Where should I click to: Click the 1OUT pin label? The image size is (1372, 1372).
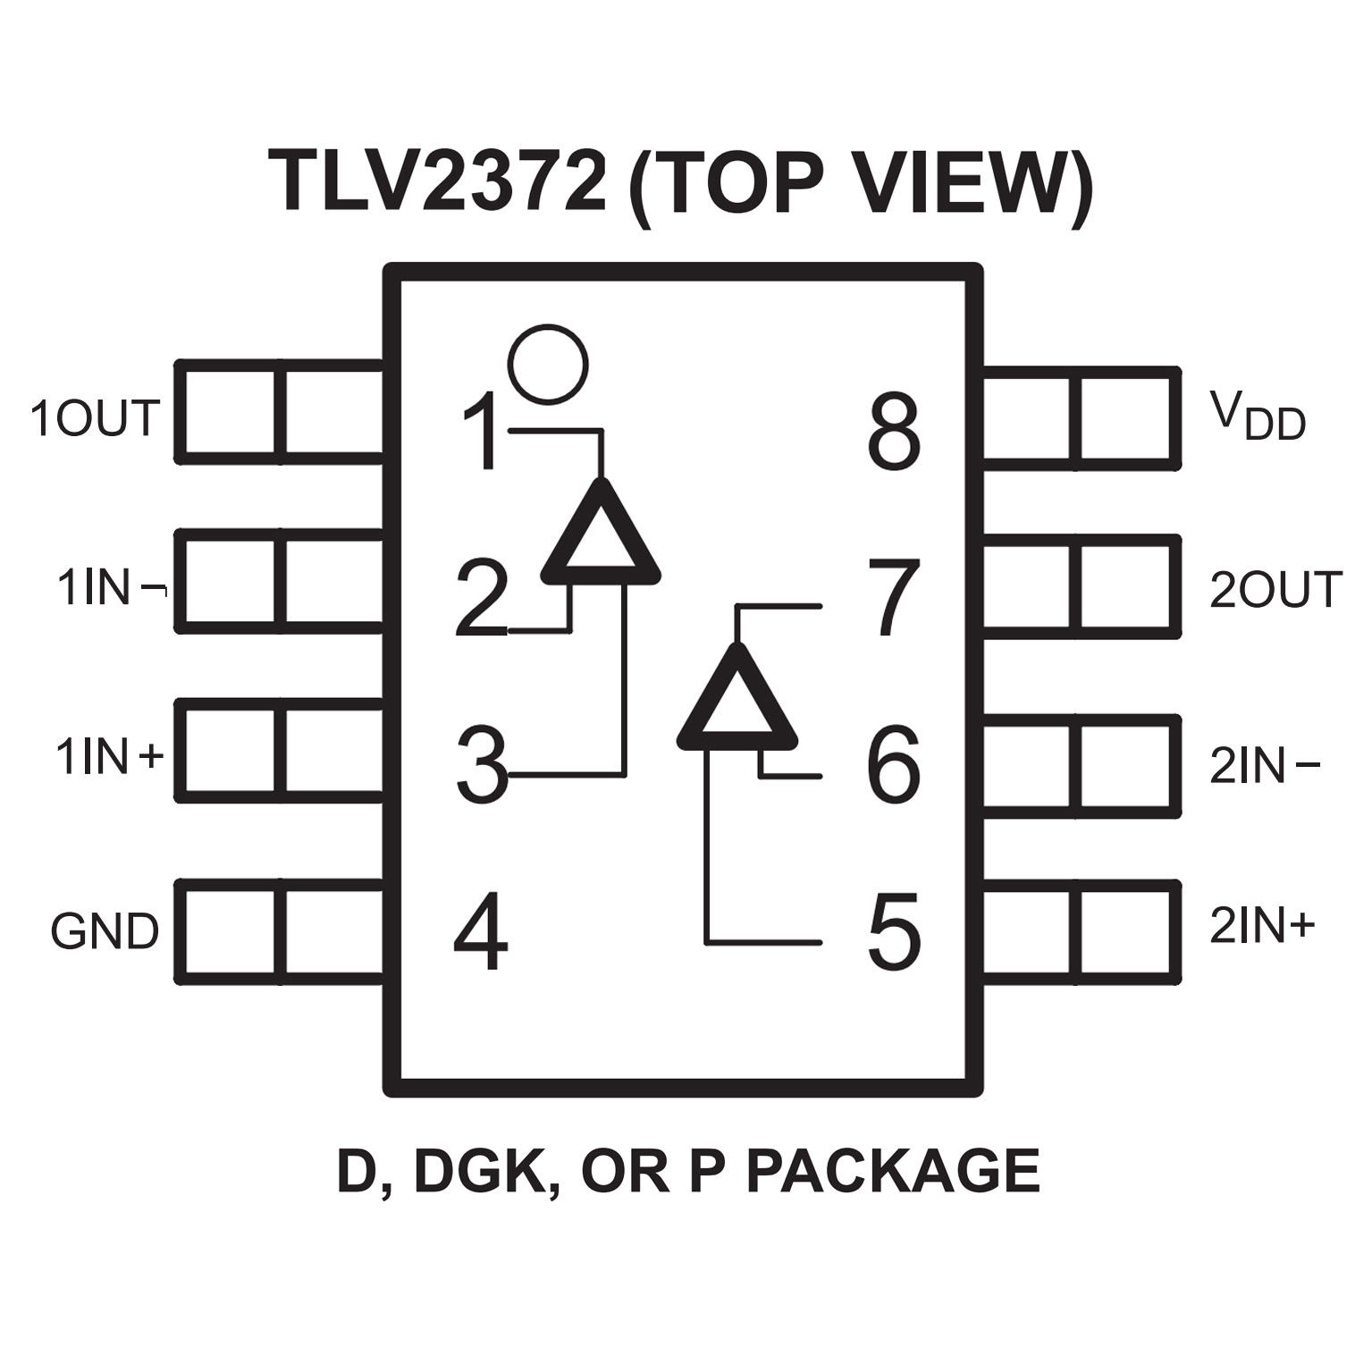[95, 418]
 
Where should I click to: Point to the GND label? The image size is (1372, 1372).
[105, 931]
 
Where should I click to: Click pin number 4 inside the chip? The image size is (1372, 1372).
[481, 935]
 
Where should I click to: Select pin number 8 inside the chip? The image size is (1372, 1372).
[894, 432]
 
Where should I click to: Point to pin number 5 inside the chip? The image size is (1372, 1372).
[894, 933]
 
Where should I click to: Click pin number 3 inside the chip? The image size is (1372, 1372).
[481, 765]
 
